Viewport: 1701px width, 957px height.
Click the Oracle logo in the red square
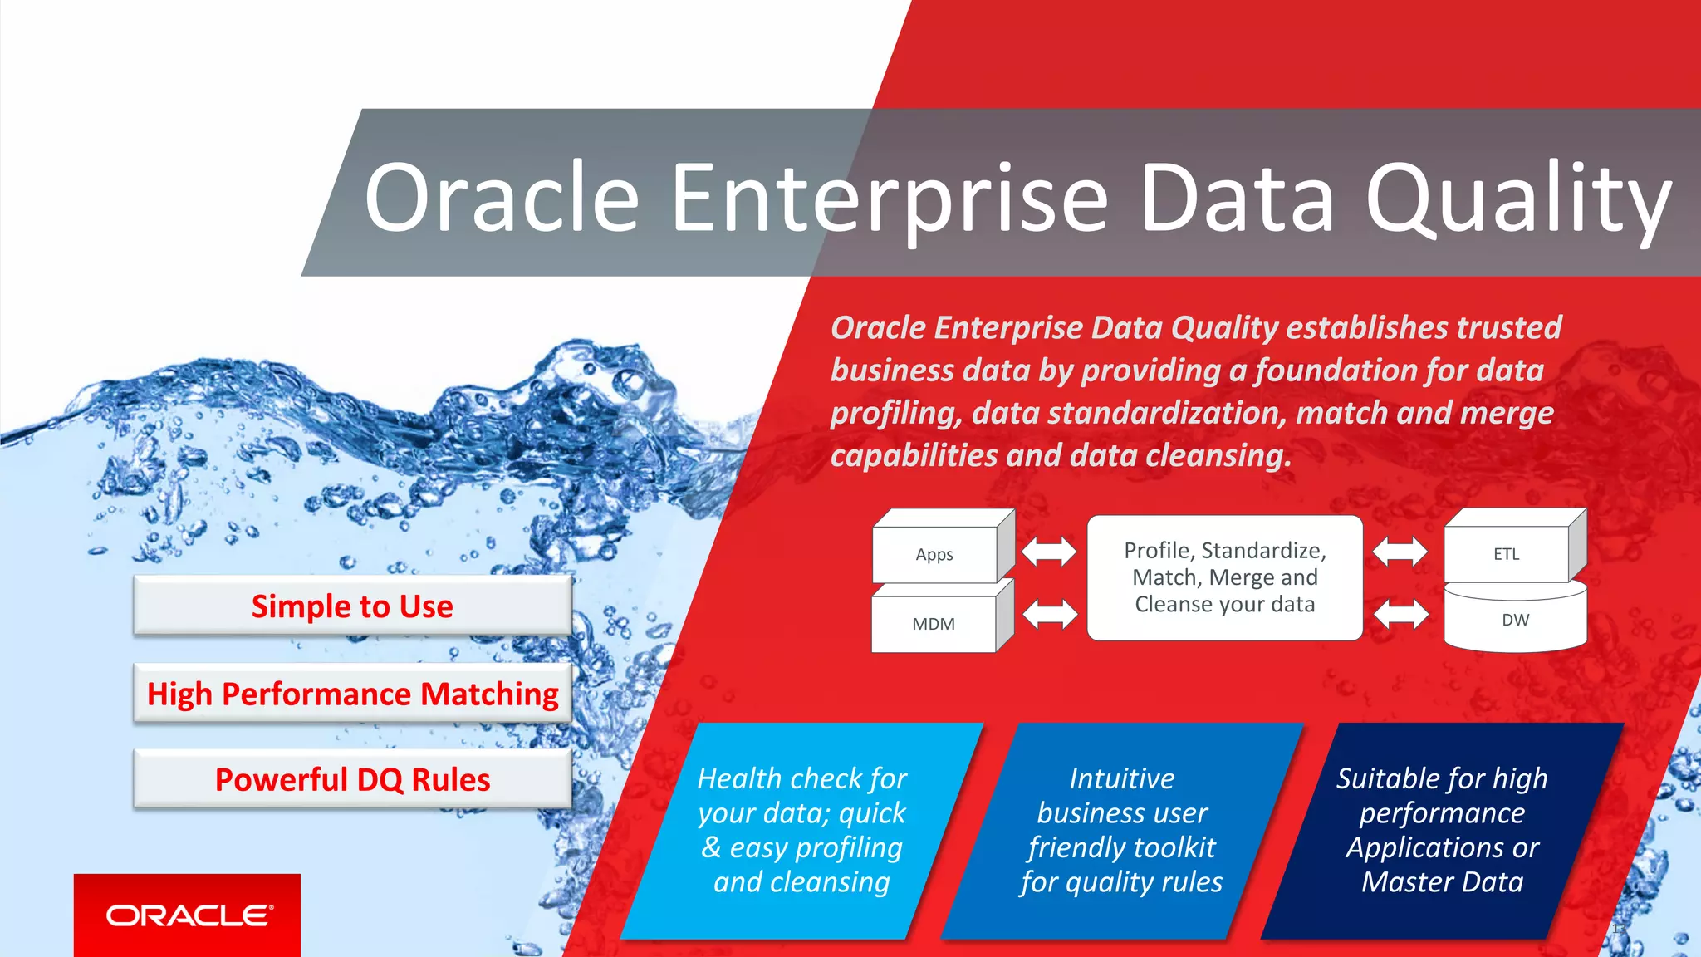[x=188, y=915]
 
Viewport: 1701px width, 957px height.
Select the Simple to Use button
[x=352, y=606]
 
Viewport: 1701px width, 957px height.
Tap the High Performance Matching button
[x=352, y=694]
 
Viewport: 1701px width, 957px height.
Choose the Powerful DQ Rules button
[x=352, y=780]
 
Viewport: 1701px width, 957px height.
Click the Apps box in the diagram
[x=935, y=555]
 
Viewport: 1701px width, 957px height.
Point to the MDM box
[x=934, y=624]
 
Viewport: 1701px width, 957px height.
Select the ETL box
[x=1506, y=554]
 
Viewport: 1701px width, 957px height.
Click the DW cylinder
[x=1515, y=621]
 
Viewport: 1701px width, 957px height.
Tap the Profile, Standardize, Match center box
[x=1224, y=577]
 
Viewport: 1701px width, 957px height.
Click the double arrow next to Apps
[x=1048, y=551]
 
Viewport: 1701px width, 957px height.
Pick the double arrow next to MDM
[x=1050, y=615]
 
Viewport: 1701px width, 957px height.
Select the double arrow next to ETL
[x=1400, y=551]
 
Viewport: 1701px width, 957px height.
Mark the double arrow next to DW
[x=1401, y=615]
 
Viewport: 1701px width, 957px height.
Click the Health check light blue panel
[x=801, y=831]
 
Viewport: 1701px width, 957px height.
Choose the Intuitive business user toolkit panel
[x=1121, y=831]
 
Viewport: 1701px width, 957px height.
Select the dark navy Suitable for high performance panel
[x=1442, y=831]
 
